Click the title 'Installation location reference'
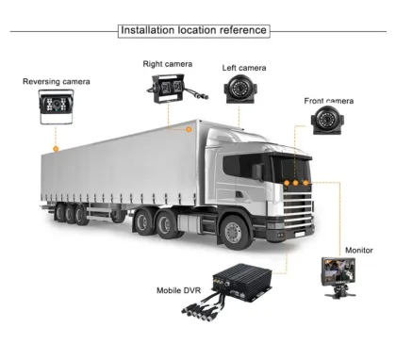click(194, 30)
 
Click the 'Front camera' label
click(328, 101)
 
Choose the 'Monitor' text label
click(358, 251)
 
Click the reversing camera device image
click(56, 108)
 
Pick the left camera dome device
click(239, 90)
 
